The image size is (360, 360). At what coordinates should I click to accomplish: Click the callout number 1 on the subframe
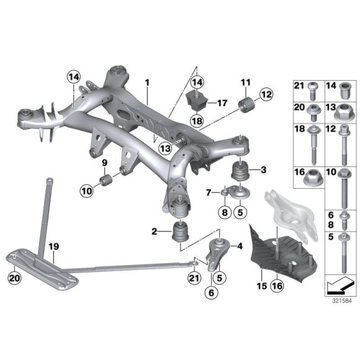148,82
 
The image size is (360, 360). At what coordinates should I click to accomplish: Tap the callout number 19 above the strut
54,247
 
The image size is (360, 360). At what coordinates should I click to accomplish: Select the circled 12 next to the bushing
265,94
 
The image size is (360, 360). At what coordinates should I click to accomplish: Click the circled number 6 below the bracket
212,289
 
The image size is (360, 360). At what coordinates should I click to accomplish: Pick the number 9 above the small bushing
104,163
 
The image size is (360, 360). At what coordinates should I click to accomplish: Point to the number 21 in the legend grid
298,86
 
